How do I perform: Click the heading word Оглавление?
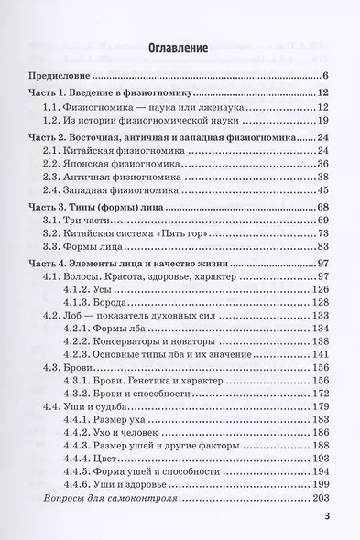coord(180,46)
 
